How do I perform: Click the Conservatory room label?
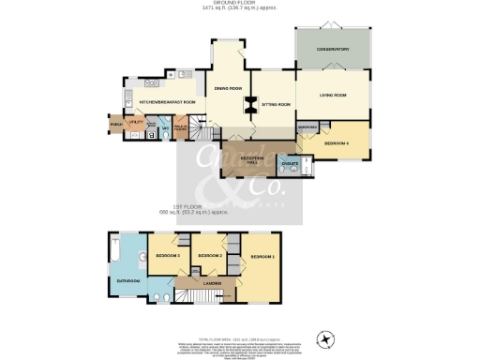pyautogui.click(x=333, y=49)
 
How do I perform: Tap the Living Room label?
pyautogui.click(x=333, y=95)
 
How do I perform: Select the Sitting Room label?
pyautogui.click(x=276, y=104)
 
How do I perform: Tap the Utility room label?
pyautogui.click(x=135, y=122)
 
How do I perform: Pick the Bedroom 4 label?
pyautogui.click(x=337, y=142)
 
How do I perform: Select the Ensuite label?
pyautogui.click(x=291, y=164)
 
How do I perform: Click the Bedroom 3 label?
pyautogui.click(x=167, y=255)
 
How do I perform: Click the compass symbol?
pyautogui.click(x=326, y=338)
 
